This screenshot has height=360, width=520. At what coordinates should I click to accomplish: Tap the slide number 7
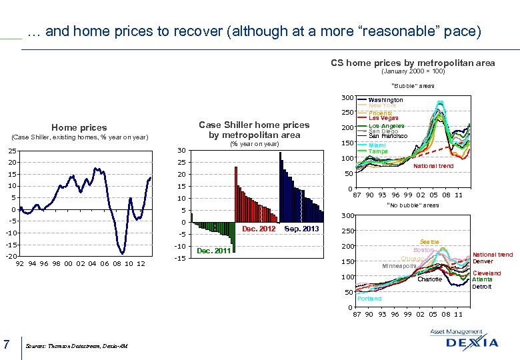pyautogui.click(x=6, y=344)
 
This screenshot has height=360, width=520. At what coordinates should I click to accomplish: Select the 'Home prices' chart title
pyautogui.click(x=79, y=127)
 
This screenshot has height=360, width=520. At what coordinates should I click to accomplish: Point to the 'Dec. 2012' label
pyautogui.click(x=259, y=229)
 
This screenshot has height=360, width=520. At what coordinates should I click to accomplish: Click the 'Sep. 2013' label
pyautogui.click(x=301, y=229)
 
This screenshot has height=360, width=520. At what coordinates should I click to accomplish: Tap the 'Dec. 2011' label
pyautogui.click(x=213, y=251)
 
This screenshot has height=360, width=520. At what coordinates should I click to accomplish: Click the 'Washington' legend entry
pyautogui.click(x=385, y=100)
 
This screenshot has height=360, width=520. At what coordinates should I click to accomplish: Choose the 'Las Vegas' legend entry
pyautogui.click(x=383, y=118)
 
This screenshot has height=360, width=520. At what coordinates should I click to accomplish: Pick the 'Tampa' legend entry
pyautogui.click(x=378, y=151)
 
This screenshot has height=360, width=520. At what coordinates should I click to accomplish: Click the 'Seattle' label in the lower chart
pyautogui.click(x=429, y=241)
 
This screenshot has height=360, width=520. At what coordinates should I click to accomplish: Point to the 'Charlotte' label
pyautogui.click(x=430, y=279)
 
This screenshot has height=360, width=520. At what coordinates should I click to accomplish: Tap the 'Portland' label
pyautogui.click(x=369, y=299)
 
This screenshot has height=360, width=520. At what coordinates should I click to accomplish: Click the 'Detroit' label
pyautogui.click(x=482, y=287)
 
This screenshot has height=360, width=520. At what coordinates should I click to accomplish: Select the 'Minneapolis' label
pyautogui.click(x=399, y=266)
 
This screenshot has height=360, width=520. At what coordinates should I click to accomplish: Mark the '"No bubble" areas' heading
pyautogui.click(x=413, y=205)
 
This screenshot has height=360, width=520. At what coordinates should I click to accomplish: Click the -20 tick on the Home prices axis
pyautogui.click(x=11, y=257)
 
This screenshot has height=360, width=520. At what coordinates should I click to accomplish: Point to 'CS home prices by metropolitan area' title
pyautogui.click(x=413, y=63)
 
